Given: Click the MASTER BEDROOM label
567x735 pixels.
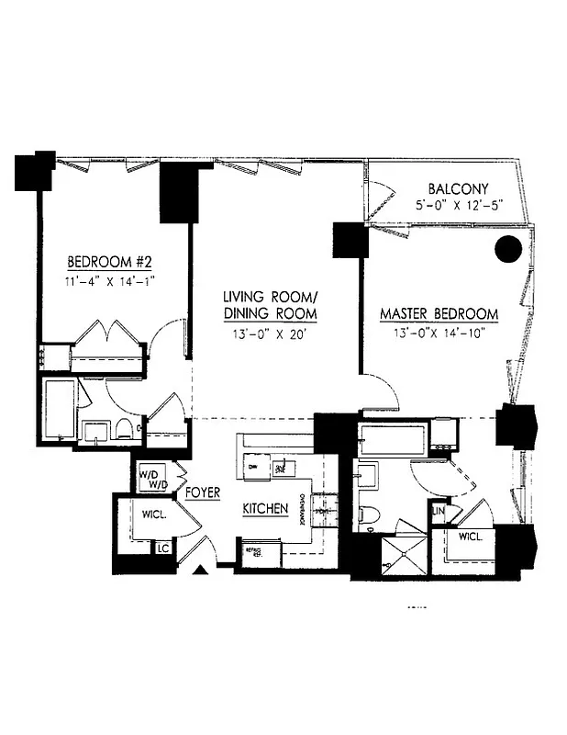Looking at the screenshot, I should [439, 314].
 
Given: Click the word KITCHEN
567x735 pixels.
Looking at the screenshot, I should [266, 509].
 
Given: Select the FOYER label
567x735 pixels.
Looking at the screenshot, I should [202, 493].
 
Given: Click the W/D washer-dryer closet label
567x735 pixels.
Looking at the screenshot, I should [152, 479].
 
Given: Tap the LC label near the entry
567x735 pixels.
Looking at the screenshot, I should [163, 548].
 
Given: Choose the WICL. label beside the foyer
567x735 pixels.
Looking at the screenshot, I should [153, 515].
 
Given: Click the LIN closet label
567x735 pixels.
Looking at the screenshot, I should [439, 509].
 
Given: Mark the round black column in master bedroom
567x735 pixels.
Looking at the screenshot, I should [507, 249].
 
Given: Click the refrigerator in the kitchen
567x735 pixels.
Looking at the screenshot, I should [250, 551].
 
